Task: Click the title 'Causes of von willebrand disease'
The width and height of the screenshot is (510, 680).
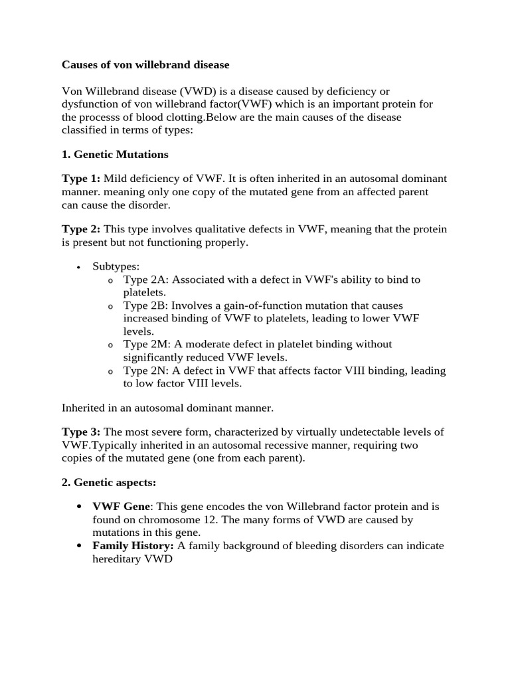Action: pos(145,65)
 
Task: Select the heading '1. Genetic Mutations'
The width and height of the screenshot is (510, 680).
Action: pos(115,155)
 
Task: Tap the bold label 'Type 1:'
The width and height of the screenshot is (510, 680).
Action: pos(81,179)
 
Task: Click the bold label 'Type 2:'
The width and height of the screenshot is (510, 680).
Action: pos(81,229)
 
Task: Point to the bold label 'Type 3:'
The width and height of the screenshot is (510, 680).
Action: pos(81,432)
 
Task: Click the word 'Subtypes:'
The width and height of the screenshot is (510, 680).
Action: pos(116,266)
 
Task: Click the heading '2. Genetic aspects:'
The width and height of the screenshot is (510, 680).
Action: pos(109,482)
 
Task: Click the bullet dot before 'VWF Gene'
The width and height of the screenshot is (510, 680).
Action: pos(80,507)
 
